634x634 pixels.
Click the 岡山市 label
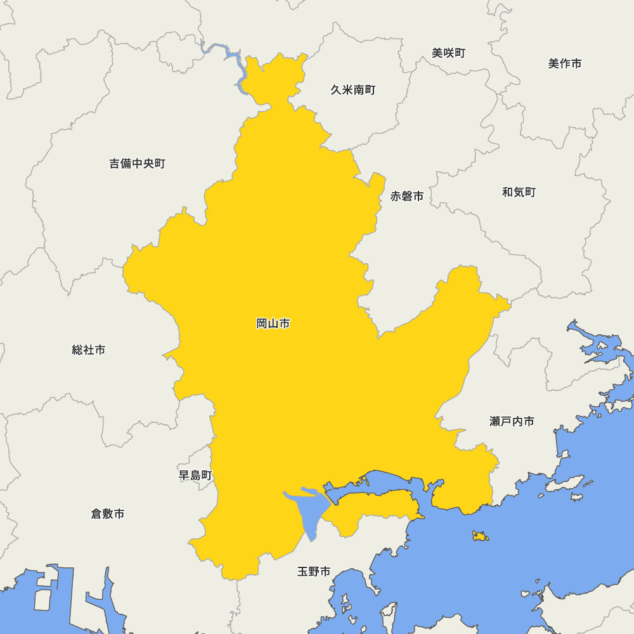[273, 324]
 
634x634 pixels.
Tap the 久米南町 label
[353, 90]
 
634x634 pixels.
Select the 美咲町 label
[449, 53]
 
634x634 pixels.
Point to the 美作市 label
[565, 63]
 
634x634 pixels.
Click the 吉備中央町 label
[138, 164]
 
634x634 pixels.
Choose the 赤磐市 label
[407, 197]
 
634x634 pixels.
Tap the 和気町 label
[519, 192]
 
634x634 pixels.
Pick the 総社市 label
[89, 350]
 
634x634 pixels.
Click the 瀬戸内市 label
[512, 422]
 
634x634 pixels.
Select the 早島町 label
[196, 475]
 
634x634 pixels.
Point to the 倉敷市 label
[108, 514]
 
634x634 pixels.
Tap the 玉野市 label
[314, 572]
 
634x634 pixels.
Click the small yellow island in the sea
[481, 536]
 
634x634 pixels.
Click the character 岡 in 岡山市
[262, 324]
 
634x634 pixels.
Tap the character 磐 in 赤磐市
[407, 197]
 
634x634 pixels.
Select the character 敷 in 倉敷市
[108, 514]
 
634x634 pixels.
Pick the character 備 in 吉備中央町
[126, 164]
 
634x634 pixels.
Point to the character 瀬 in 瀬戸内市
[495, 422]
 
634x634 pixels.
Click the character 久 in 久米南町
[336, 90]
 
